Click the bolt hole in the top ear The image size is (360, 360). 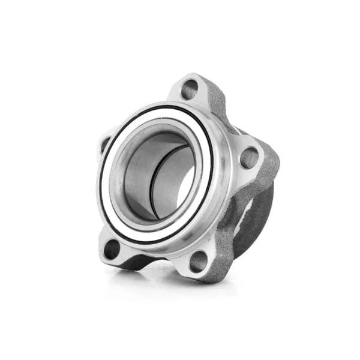(189, 89)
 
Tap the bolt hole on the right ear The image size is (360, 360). (248, 158)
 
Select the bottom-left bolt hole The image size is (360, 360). (112, 248)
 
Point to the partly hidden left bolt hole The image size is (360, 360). (106, 144)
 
